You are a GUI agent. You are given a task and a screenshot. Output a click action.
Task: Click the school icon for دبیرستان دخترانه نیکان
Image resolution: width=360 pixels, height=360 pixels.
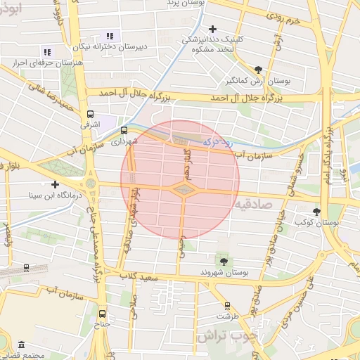point(109,36)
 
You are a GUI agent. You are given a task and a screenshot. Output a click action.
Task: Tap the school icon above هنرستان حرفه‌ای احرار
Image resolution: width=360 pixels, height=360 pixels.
point(47,52)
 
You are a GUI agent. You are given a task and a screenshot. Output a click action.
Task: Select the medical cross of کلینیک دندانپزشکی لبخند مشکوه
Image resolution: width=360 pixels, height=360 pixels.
point(212,29)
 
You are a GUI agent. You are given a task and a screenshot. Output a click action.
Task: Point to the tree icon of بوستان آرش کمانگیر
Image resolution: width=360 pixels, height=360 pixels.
point(258,69)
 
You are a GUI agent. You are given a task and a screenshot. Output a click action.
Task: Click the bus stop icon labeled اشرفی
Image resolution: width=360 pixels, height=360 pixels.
point(89,114)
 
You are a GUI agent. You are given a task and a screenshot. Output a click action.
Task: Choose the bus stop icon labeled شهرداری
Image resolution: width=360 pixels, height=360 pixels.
point(124,130)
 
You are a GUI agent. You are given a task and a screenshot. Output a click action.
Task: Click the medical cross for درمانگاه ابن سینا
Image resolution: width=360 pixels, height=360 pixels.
point(54,184)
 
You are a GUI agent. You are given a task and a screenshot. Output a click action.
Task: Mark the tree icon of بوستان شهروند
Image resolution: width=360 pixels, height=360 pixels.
point(224,261)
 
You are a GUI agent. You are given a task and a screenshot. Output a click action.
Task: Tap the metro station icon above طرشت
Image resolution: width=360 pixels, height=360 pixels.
point(226,306)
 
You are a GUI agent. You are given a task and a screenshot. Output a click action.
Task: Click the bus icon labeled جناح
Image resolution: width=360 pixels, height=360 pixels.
point(103,314)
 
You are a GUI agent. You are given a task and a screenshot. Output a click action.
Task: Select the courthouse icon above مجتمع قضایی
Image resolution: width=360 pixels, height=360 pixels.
point(21,346)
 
